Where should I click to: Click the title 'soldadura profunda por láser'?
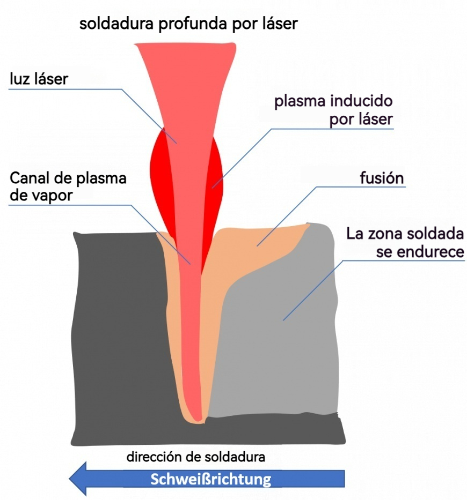tap(188, 24)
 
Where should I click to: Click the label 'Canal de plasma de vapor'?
tap(67, 186)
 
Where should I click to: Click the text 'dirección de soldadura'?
tap(196, 458)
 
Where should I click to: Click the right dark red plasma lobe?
tap(215, 182)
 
